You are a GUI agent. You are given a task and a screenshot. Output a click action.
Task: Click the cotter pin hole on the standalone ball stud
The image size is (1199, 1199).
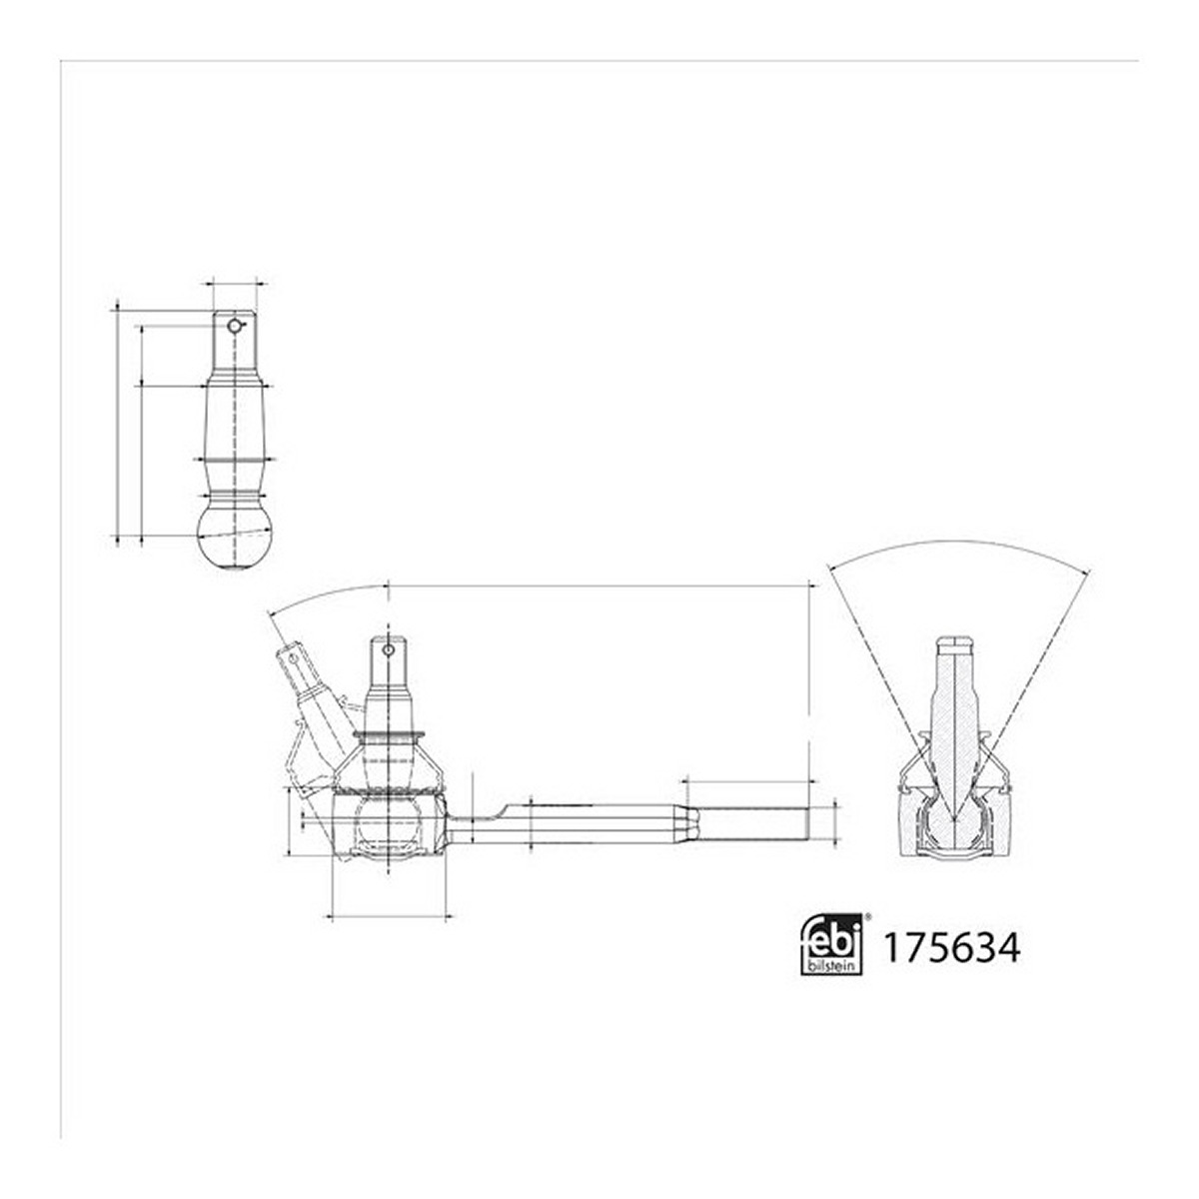coord(234,326)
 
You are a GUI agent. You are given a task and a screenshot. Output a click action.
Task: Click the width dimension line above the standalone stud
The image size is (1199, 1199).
coord(235,284)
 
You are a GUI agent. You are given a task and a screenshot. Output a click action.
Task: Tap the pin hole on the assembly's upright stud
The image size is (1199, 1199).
coord(388,649)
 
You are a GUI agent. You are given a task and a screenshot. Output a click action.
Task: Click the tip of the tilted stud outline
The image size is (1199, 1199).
coord(290,647)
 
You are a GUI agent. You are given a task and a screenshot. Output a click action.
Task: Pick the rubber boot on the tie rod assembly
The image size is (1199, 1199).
coord(390,764)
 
